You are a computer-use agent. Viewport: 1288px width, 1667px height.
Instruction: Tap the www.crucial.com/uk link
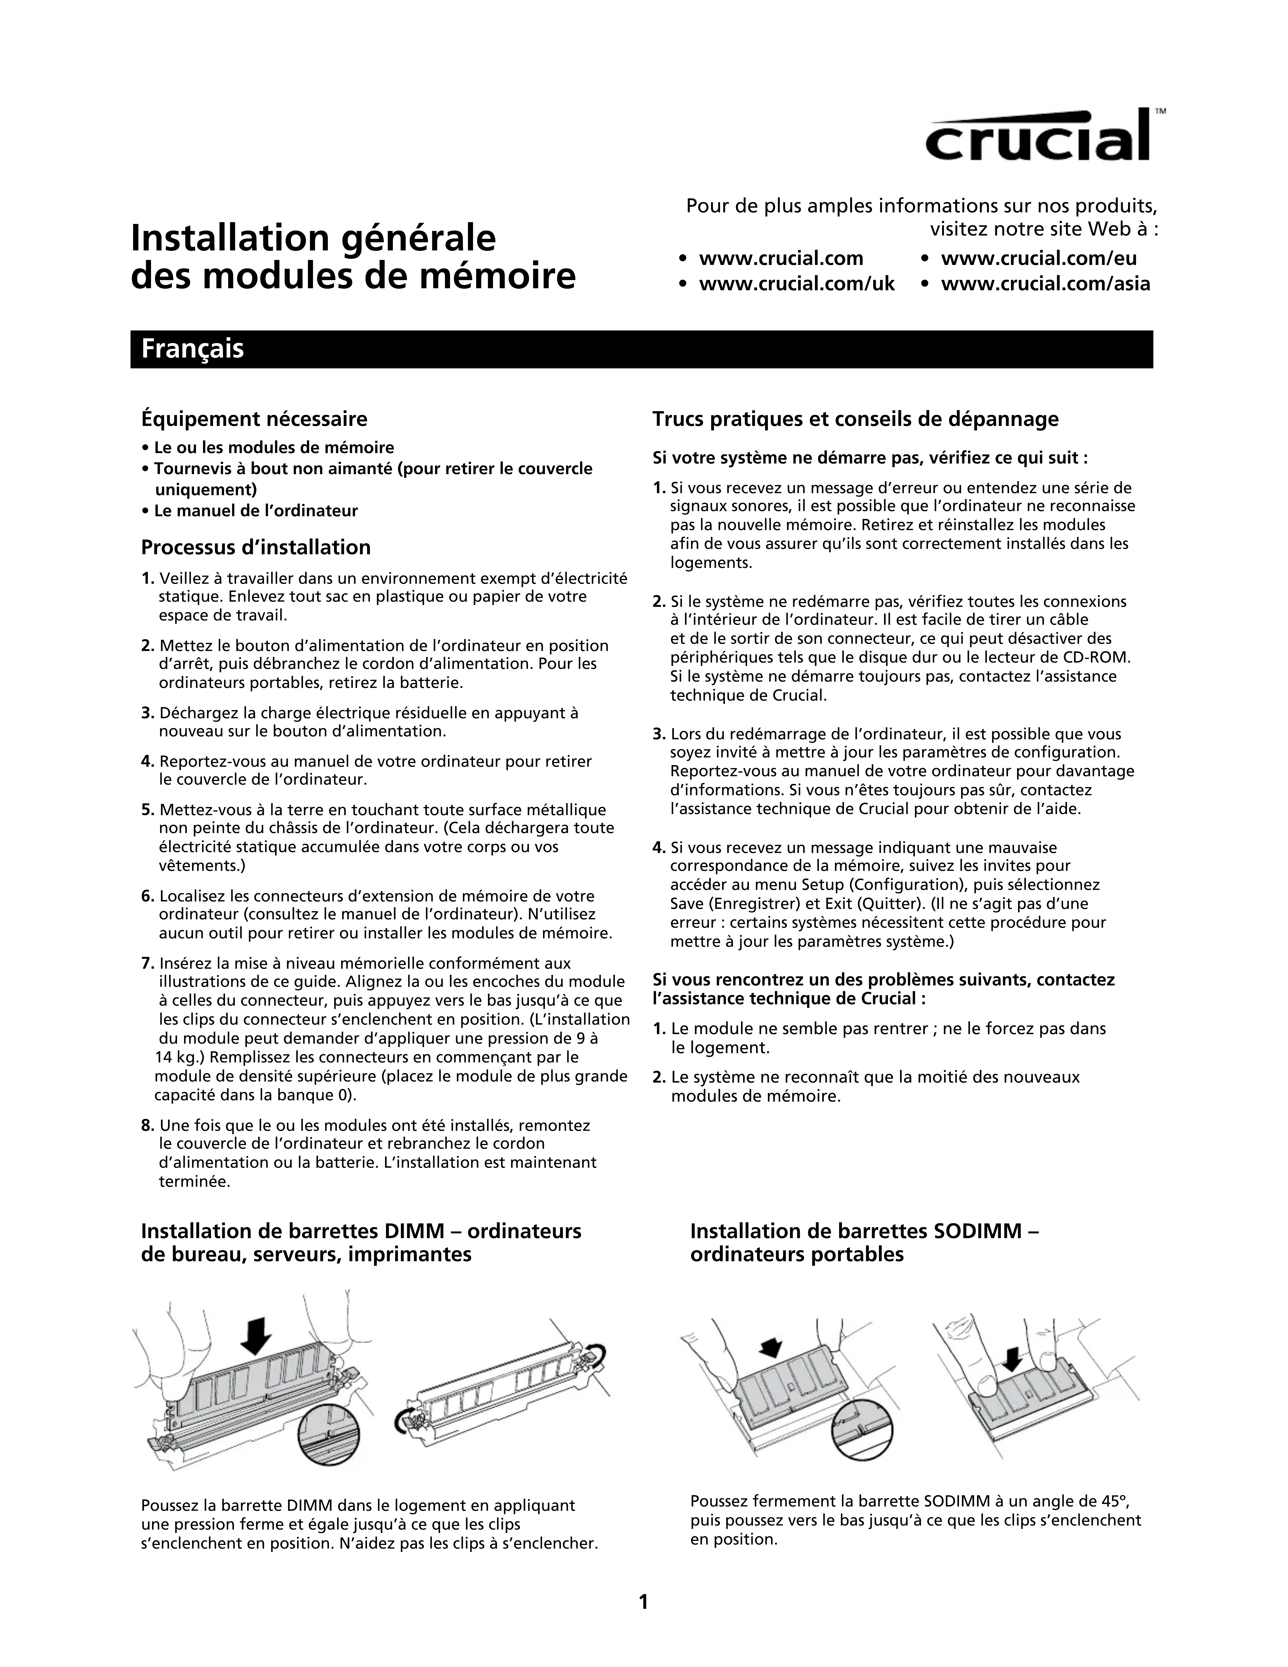[796, 284]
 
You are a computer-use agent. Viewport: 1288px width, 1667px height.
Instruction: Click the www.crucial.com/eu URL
[1038, 259]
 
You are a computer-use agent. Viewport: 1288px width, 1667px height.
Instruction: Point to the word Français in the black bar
[192, 349]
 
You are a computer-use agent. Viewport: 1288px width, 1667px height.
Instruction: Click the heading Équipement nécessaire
[254, 419]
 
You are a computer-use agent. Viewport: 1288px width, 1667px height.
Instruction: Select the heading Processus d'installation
[256, 547]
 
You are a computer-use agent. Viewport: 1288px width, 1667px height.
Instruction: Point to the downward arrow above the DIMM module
[257, 1334]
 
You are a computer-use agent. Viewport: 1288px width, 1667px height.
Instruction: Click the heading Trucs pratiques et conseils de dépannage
[855, 419]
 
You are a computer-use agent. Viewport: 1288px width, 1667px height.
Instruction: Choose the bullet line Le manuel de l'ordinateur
[256, 511]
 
